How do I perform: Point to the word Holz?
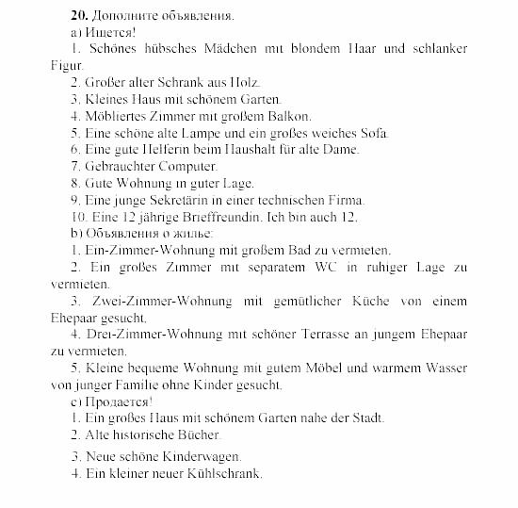coord(241,83)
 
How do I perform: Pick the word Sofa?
coord(372,133)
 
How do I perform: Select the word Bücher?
coord(196,435)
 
